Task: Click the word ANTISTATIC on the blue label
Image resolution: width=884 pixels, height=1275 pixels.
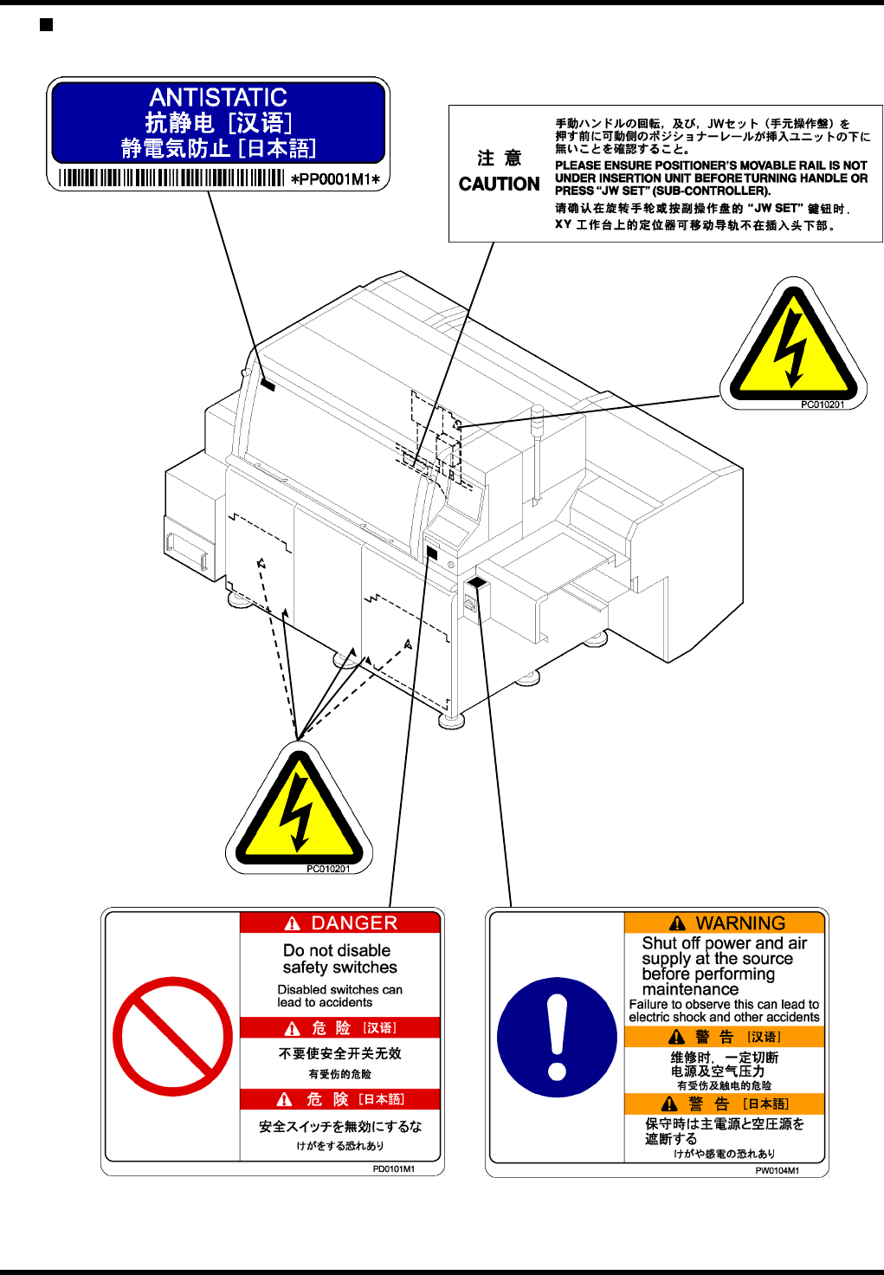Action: pos(218,97)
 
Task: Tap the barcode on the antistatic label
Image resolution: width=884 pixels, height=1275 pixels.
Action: pos(171,178)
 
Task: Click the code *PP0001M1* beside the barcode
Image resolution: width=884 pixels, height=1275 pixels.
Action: pos(335,179)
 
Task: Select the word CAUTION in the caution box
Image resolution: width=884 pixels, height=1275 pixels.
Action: pos(499,184)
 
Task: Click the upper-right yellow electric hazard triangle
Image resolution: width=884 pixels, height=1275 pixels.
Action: pos(793,346)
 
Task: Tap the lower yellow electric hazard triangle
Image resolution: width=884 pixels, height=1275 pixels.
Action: pos(299,812)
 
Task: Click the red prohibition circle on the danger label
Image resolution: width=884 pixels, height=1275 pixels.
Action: pos(172,1037)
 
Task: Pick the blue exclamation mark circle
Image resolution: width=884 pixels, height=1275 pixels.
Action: pos(557,1037)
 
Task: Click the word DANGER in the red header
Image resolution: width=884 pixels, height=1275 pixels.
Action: pos(353,923)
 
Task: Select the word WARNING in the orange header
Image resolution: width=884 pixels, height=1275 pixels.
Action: pos(740,923)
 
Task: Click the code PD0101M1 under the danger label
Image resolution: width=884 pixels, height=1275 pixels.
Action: pos(393,1169)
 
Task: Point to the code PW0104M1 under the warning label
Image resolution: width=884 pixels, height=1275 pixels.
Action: pos(777,1171)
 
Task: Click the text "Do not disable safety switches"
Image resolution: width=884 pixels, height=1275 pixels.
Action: pos(339,959)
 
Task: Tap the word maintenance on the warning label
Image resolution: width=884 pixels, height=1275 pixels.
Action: pos(690,989)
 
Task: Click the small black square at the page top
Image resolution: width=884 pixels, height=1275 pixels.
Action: pos(47,24)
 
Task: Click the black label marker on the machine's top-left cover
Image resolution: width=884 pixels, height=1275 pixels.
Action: pos(267,385)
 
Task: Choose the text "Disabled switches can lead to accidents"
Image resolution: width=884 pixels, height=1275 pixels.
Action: pos(339,996)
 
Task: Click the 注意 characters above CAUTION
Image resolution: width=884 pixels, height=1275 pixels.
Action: pos(500,159)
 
